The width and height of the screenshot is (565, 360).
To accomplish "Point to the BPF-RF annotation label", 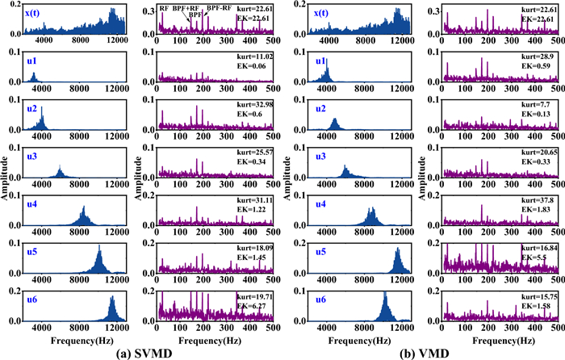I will point(219,8).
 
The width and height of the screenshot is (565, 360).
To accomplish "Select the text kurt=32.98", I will point(256,106).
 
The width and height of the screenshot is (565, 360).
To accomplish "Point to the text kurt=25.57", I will point(256,153).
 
